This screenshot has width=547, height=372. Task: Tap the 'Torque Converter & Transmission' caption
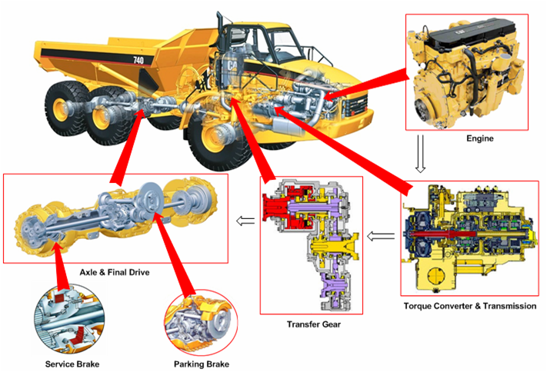click(469, 306)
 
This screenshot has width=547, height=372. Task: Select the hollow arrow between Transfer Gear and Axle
click(245, 221)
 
